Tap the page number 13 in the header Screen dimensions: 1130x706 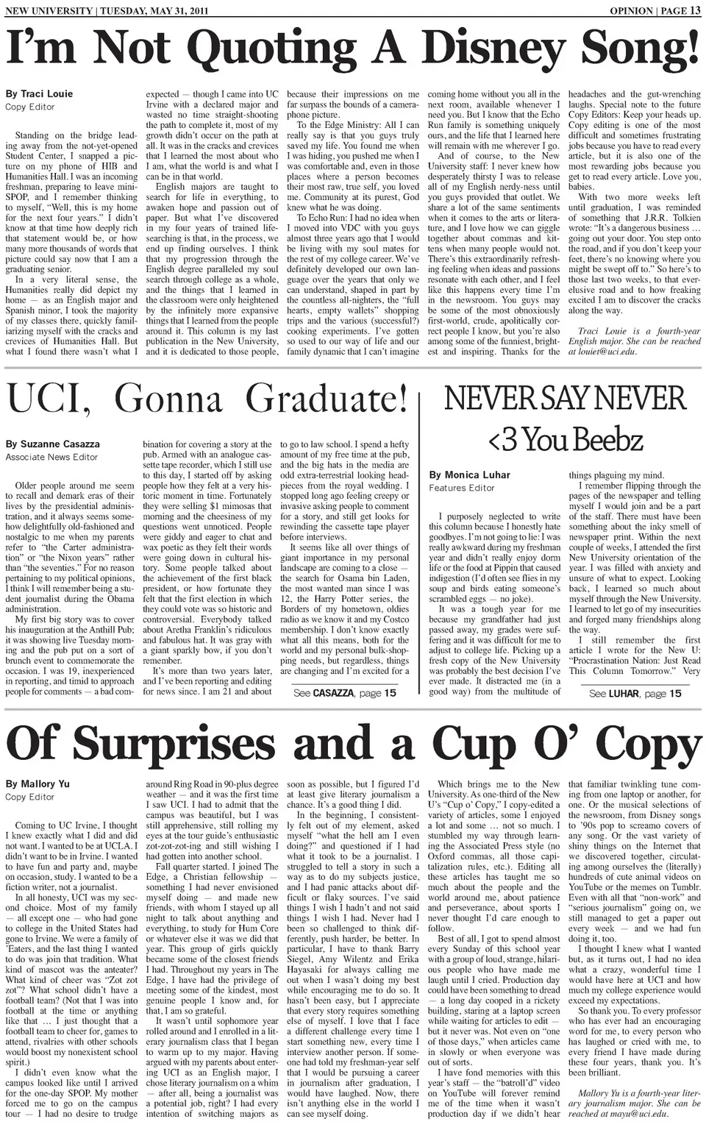pyautogui.click(x=694, y=10)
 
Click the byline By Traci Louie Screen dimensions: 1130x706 pyautogui.click(x=40, y=94)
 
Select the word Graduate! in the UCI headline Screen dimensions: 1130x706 pyautogui.click(x=326, y=399)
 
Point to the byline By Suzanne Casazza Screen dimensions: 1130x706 pyautogui.click(x=53, y=444)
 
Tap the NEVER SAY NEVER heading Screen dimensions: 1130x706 pyautogui.click(x=565, y=399)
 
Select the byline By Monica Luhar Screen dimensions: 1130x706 pyautogui.click(x=469, y=475)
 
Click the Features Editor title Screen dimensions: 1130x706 pyautogui.click(x=461, y=488)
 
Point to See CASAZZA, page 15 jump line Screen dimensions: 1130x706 pyautogui.click(x=344, y=693)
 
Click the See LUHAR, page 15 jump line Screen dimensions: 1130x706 pyautogui.click(x=635, y=693)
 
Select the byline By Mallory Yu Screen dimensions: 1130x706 pyautogui.click(x=37, y=784)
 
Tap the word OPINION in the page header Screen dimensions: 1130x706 pyautogui.click(x=631, y=10)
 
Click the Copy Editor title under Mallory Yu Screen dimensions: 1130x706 pyautogui.click(x=30, y=797)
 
